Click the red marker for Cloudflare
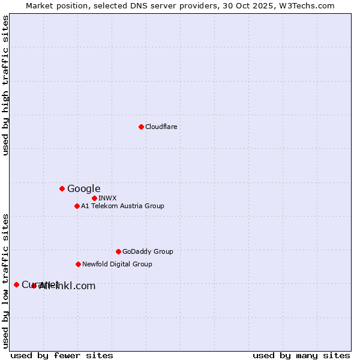[141, 127]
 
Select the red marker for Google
[62, 188]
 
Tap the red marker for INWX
[94, 198]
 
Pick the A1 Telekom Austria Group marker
[77, 206]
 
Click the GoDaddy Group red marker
[118, 251]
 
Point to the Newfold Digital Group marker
[78, 264]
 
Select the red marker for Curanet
[16, 284]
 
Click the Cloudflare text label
[161, 127]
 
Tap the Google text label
[83, 188]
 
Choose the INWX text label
[107, 198]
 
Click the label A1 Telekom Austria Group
[122, 206]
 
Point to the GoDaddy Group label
[148, 251]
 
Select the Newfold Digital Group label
[117, 264]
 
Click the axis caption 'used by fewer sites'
[62, 355]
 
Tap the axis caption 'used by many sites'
[301, 355]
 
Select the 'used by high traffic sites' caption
[6, 85]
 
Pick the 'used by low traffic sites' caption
[6, 280]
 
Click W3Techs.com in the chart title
[309, 5]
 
